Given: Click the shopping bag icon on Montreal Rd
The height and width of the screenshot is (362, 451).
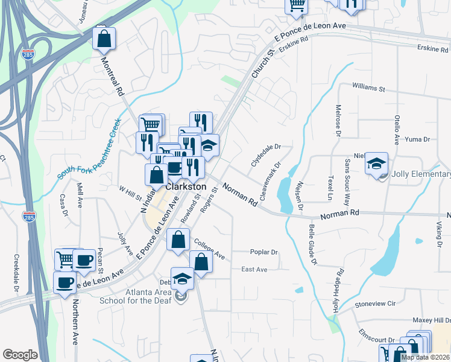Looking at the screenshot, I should point(104,39).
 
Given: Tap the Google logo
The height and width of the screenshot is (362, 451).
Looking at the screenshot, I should point(20,355).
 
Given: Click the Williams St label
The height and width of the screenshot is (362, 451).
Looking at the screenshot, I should point(368,88).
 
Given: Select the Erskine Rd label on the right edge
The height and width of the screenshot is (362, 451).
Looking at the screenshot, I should point(434,48).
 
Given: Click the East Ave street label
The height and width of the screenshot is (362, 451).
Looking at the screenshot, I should point(254,269).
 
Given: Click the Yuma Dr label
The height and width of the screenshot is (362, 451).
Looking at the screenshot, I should point(417,139).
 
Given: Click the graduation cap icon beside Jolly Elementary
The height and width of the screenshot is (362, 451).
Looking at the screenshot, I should point(376,164).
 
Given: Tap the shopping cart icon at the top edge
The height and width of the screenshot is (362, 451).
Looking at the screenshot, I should point(297,5).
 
